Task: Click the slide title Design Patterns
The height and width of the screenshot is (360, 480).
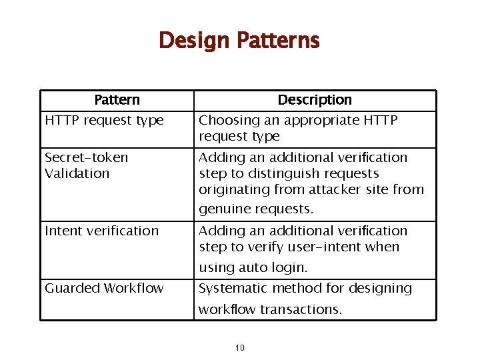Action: click(x=239, y=41)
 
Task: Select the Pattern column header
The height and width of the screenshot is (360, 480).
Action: click(x=117, y=100)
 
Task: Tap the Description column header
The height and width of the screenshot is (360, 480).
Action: click(x=315, y=100)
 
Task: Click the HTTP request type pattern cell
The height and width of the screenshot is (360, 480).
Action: click(x=104, y=121)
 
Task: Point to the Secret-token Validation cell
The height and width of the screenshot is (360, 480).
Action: click(x=87, y=165)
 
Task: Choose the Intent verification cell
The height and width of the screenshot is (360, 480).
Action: click(x=101, y=231)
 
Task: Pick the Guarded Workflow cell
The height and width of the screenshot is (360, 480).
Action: click(x=104, y=289)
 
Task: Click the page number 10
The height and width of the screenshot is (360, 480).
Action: click(x=240, y=347)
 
